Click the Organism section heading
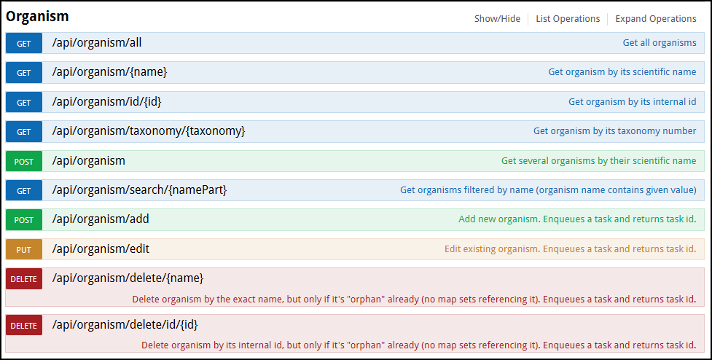37,16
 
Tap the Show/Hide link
497,19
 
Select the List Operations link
568,19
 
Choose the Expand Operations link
656,19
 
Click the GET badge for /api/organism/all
24,43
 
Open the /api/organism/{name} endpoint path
109,71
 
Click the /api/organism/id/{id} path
106,102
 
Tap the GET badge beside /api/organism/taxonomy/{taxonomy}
24,132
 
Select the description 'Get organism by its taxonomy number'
615,130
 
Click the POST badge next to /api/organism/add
24,220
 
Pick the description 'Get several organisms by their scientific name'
599,160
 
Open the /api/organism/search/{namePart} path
139,189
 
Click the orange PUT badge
24,249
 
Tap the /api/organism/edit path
101,249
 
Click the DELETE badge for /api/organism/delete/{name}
24,278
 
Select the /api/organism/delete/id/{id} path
125,324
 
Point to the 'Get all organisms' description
660,43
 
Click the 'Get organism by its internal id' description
633,102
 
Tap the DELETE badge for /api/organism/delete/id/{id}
24,326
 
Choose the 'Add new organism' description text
578,219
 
